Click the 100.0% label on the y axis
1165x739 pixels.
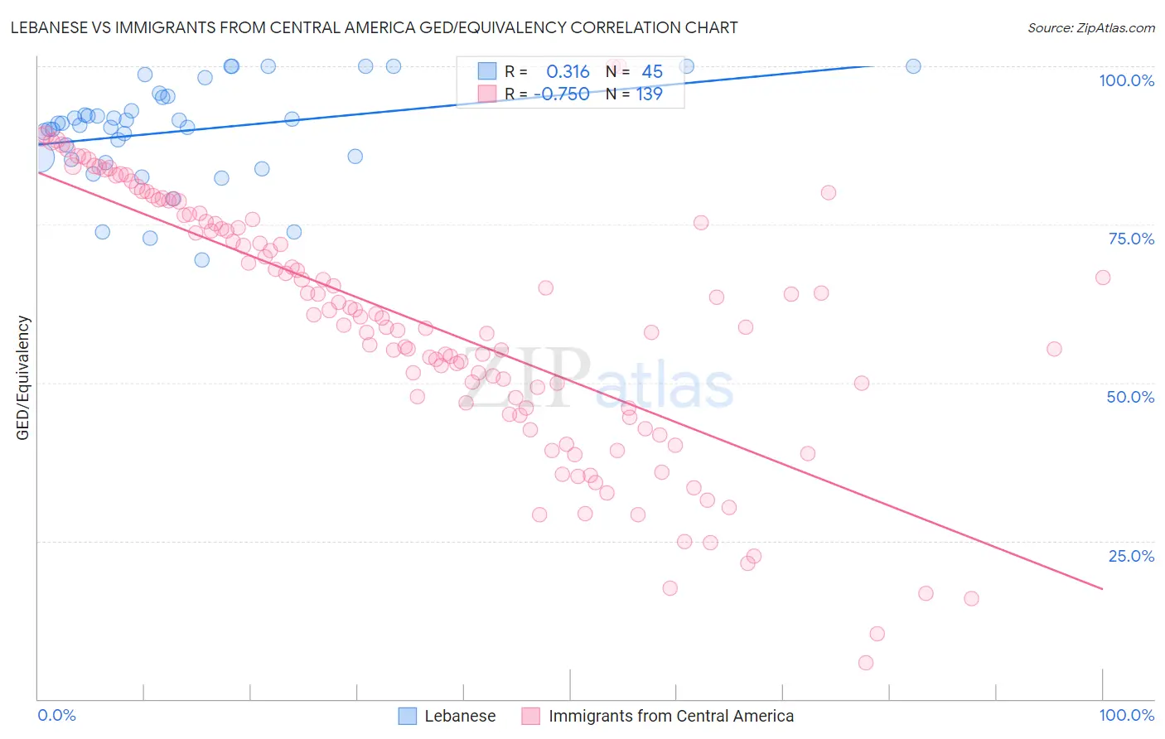click(1126, 80)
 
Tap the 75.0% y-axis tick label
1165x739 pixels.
click(1131, 239)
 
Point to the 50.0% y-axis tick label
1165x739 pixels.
click(1130, 397)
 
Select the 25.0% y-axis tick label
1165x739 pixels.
click(1131, 556)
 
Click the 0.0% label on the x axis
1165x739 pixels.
click(56, 716)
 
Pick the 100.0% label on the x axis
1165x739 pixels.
click(1126, 716)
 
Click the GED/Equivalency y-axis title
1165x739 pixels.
click(23, 378)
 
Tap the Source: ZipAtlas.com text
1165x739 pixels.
click(1090, 27)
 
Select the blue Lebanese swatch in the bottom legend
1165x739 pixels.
click(407, 716)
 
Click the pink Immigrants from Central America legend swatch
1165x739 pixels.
click(530, 716)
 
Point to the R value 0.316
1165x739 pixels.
click(568, 72)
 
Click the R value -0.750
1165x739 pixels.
click(563, 94)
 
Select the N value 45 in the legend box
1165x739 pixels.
click(652, 72)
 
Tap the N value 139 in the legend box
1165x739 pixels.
click(649, 94)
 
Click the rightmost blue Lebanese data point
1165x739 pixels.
click(913, 66)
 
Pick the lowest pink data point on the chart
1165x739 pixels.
click(866, 663)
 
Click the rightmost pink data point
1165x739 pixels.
click(1103, 278)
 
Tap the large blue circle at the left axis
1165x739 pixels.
click(39, 157)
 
